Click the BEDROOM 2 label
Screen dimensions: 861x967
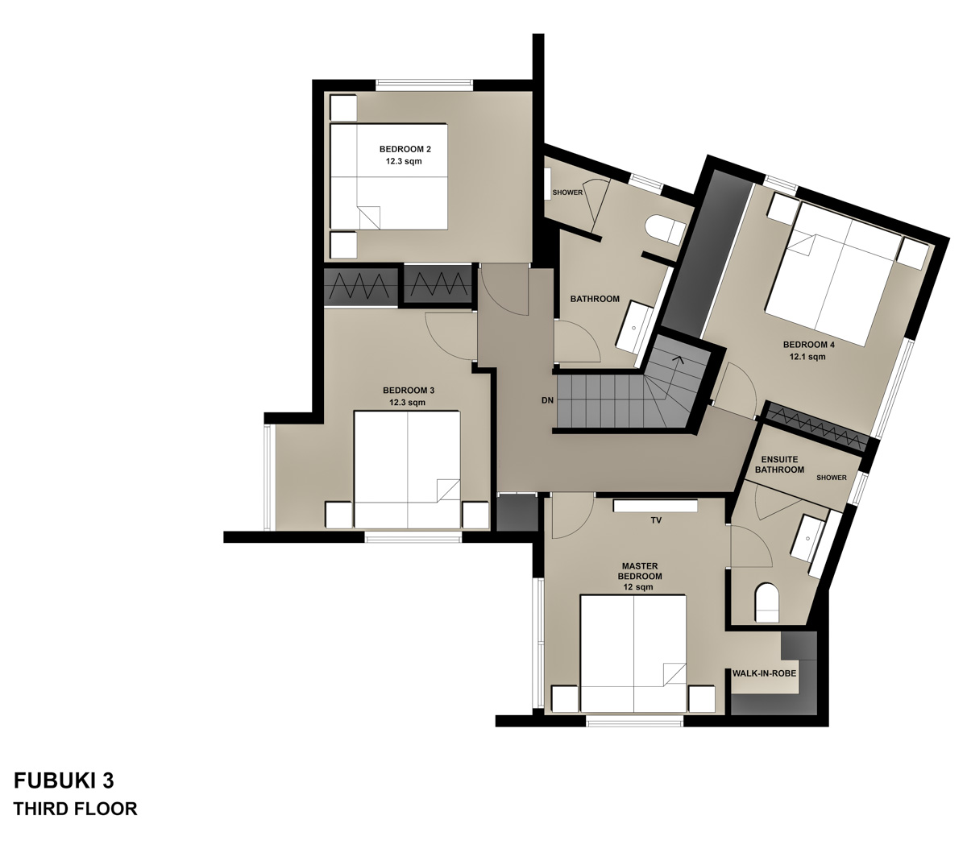point(405,149)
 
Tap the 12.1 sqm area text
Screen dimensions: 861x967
point(808,357)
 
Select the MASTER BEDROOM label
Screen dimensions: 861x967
point(640,571)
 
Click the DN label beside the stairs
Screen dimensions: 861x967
point(547,400)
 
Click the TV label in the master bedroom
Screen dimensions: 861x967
point(656,521)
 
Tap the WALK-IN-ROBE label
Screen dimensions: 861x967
point(764,673)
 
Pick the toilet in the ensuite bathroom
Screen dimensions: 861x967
point(767,603)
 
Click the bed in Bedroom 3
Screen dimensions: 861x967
point(407,469)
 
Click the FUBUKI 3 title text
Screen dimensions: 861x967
point(64,780)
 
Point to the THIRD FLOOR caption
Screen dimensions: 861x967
point(75,809)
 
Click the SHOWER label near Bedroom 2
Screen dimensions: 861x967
point(567,192)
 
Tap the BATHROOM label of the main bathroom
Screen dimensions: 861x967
point(595,299)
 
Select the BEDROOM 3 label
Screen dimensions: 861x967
point(409,390)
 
